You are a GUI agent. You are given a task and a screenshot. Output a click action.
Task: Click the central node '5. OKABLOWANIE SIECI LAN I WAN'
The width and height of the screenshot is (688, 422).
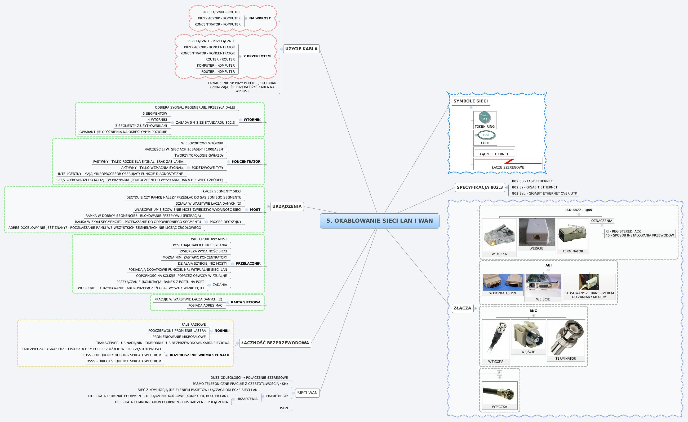379,221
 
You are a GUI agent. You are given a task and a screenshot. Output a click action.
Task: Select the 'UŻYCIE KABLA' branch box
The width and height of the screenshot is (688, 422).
301,49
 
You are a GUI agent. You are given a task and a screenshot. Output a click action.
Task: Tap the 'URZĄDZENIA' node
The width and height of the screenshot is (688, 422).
287,206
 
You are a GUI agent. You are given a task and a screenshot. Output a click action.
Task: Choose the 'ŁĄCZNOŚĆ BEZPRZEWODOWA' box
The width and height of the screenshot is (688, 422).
275,343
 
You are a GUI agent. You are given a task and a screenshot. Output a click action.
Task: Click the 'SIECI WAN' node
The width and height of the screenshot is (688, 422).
307,393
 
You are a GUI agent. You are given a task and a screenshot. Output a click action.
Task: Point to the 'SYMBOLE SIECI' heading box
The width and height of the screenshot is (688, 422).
470,101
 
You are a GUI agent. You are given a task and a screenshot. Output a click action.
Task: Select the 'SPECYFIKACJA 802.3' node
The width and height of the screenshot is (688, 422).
480,187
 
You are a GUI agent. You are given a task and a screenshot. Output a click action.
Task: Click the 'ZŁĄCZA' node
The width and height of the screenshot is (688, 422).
462,308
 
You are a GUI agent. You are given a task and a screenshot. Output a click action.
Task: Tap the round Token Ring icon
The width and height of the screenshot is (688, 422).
484,117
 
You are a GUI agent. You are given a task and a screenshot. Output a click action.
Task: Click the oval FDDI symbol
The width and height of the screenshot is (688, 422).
486,135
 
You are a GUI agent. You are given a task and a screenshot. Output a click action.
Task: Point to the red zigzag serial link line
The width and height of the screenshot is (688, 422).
509,161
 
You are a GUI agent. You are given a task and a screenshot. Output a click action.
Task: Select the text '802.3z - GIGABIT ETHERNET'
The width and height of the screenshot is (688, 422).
534,187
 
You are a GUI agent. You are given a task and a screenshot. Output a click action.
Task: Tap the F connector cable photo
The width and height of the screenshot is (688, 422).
499,393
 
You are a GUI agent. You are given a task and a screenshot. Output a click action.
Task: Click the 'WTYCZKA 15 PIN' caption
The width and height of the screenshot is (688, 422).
502,293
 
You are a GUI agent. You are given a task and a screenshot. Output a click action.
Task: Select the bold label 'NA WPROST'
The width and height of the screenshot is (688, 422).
260,18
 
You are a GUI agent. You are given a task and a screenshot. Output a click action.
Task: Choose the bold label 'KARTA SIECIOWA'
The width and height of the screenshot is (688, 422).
245,302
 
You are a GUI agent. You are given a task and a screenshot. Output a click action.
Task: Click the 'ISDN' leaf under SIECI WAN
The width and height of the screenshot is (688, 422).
284,408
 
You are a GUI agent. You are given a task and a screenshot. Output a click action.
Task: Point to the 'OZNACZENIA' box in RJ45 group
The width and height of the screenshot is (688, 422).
601,221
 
